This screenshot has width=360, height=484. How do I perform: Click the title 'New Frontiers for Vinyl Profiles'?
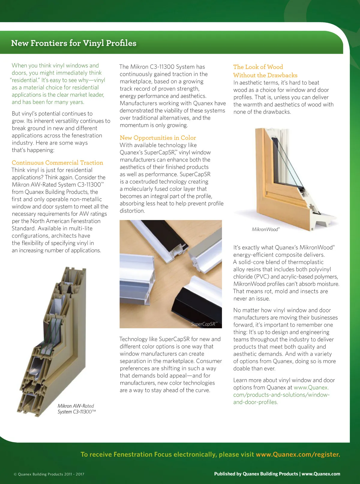tap(73, 43)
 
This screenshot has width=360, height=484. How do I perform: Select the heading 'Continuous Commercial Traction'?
tap(57, 163)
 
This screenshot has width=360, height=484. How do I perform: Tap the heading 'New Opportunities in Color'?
tap(158, 138)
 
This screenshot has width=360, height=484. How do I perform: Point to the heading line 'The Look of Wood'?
tap(258, 67)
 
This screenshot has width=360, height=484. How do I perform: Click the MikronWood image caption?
tap(265, 230)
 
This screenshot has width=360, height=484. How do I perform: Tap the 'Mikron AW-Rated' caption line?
tap(76, 406)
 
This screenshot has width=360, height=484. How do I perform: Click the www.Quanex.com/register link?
tap(298, 454)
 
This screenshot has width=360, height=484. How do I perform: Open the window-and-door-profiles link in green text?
tap(281, 395)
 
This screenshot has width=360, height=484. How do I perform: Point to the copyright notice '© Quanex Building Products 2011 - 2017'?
tap(49, 474)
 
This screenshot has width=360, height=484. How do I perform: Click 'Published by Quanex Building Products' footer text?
tap(256, 474)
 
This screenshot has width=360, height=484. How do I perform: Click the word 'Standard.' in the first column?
tap(23, 228)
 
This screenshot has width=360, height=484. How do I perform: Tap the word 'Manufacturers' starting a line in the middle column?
tap(137, 103)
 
